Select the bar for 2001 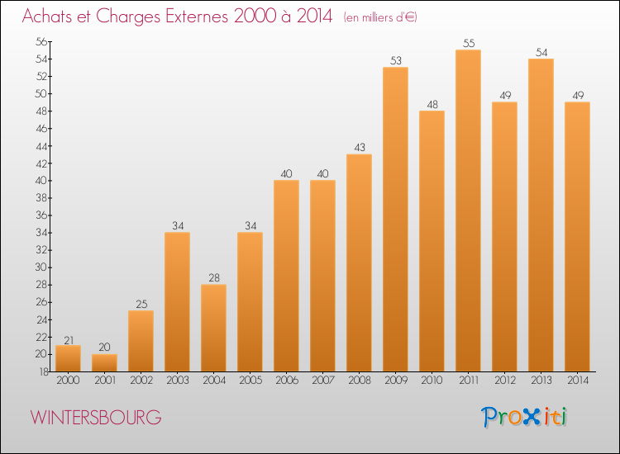tap(104, 362)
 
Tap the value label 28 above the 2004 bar tap(213, 278)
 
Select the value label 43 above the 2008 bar tap(359, 148)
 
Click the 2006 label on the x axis tap(286, 381)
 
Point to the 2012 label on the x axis tap(504, 381)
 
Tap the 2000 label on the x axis tap(68, 381)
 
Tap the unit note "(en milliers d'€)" tap(380, 17)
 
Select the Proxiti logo tap(525, 417)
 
